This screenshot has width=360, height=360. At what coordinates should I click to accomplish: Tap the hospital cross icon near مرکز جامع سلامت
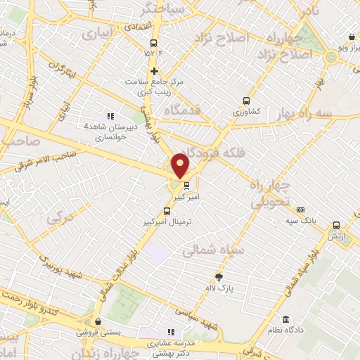tap(154, 71)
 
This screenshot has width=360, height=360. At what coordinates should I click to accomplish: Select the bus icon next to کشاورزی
tap(246, 101)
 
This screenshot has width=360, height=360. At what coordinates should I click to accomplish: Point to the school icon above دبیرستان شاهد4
tap(109, 116)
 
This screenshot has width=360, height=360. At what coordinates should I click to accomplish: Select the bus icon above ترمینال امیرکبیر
tap(167, 210)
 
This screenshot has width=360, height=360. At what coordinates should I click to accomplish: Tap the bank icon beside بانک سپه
tap(301, 210)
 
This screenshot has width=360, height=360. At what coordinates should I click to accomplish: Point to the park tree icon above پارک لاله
tap(219, 276)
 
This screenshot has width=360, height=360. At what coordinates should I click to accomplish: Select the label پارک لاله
tap(220, 288)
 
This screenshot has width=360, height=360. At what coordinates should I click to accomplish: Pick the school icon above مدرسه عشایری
tap(169, 332)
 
